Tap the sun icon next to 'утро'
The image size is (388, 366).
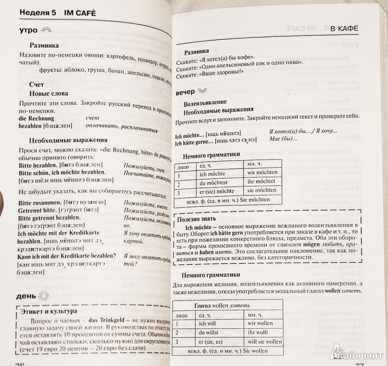pyautogui.click(x=47, y=30)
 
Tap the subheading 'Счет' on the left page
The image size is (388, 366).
pyautogui.click(x=36, y=84)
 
